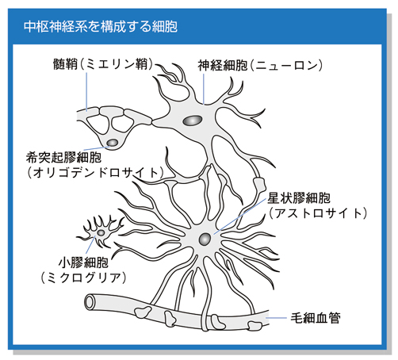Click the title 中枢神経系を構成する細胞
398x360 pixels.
pos(101,26)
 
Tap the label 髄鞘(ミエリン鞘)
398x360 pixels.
pos(103,64)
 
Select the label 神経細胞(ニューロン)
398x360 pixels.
pos(260,65)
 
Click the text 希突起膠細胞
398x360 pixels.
pos(63,158)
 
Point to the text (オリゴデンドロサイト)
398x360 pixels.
pos(95,173)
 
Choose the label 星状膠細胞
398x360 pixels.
pos(299,198)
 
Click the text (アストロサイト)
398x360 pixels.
pos(318,213)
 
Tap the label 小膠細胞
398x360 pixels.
pos(83,262)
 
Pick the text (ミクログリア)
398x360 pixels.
pos(83,278)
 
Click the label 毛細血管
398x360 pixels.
pos(316,318)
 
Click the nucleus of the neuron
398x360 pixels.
pos(193,121)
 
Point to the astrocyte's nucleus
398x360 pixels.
pos(205,239)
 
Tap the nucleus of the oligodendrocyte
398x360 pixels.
pos(113,143)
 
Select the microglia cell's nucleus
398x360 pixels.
pos(101,233)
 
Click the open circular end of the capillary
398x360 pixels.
pos(90,302)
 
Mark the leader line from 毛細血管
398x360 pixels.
pos(276,318)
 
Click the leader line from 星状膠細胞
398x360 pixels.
pos(240,216)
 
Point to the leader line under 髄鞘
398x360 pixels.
pos(86,92)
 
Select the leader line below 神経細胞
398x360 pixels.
pos(204,89)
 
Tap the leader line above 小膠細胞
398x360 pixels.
pos(90,246)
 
